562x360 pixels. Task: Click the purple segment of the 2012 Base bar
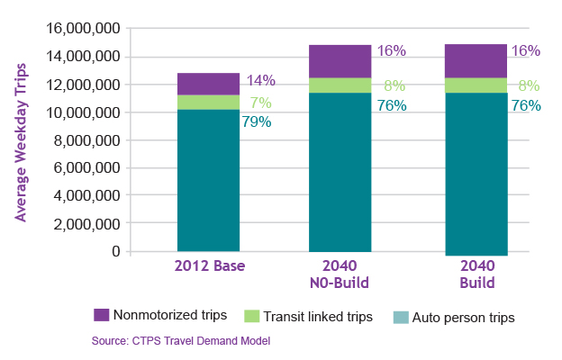pyautogui.click(x=208, y=84)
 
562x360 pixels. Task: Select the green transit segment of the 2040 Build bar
pyautogui.click(x=476, y=85)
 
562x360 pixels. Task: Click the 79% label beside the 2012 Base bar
pyautogui.click(x=257, y=121)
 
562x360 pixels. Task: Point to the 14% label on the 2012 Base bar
pyautogui.click(x=257, y=81)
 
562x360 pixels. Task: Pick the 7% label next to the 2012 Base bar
pyautogui.click(x=257, y=103)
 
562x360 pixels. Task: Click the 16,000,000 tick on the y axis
pyautogui.click(x=82, y=29)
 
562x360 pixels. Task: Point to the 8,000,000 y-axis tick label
pyautogui.click(x=86, y=140)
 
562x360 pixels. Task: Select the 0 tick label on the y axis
pyautogui.click(x=116, y=251)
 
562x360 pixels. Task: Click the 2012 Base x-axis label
pyautogui.click(x=208, y=267)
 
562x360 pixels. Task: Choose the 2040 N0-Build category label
pyautogui.click(x=340, y=275)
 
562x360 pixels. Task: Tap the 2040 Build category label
pyautogui.click(x=476, y=275)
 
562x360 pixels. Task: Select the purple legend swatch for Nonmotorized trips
pyautogui.click(x=101, y=316)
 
